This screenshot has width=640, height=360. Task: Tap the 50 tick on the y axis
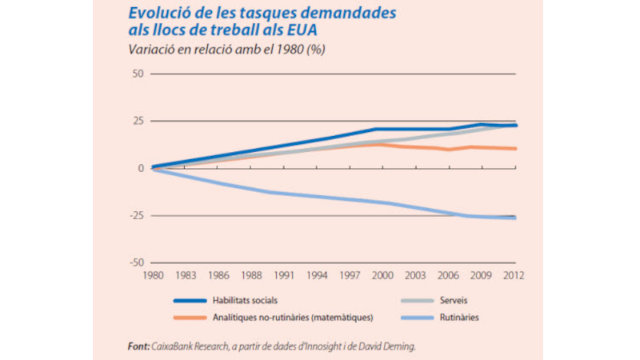pos(137,74)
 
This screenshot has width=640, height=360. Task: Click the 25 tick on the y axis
pos(137,121)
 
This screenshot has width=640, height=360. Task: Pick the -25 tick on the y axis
pos(135,215)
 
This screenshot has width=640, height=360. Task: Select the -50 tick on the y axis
pos(135,262)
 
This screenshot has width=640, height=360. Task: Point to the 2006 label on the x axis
pos(449,277)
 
